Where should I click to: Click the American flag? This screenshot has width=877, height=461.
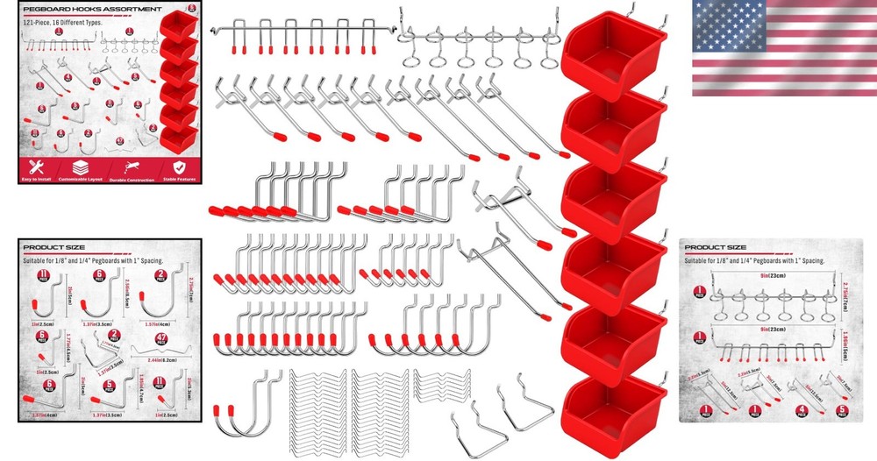click(x=783, y=48)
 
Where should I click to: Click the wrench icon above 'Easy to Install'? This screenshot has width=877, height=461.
click(x=38, y=167)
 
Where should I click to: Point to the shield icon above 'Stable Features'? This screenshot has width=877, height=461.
click(x=179, y=167)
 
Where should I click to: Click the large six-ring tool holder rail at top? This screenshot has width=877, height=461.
click(x=479, y=39)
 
